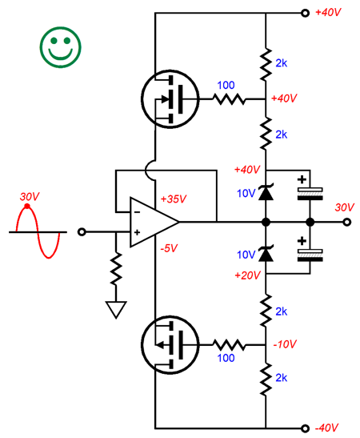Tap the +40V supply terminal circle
click(306, 13)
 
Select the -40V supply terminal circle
click(306, 428)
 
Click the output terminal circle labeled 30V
click(346, 222)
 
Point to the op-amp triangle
click(154, 223)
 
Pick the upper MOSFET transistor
click(170, 98)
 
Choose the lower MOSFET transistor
click(170, 345)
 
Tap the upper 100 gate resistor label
click(226, 85)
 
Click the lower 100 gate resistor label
click(226, 358)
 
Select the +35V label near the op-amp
click(174, 199)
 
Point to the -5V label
click(169, 248)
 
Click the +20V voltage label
click(247, 275)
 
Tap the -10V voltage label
click(285, 344)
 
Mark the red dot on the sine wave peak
click(26, 206)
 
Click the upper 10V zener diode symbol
click(266, 192)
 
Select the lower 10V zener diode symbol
click(266, 253)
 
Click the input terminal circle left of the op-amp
click(82, 232)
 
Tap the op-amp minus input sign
click(137, 212)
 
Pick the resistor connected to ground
click(116, 269)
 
